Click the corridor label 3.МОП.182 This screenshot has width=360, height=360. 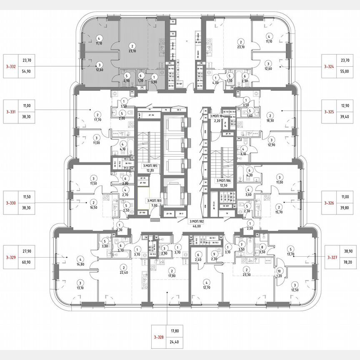coord(196,221)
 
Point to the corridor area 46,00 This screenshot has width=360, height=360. coord(196,226)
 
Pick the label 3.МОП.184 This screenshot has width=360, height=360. coord(217,115)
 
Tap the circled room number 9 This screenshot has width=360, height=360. coord(214,254)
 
